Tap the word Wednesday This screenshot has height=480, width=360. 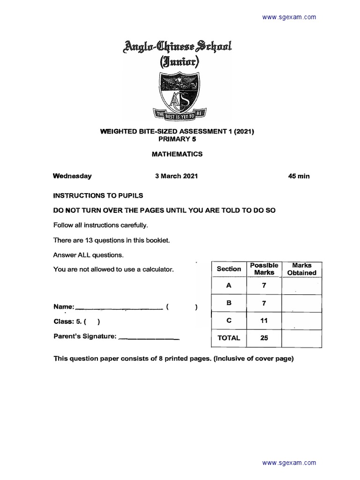pyautogui.click(x=72, y=176)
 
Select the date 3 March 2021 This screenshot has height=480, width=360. pyautogui.click(x=176, y=176)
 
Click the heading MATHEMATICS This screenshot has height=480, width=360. pyautogui.click(x=177, y=153)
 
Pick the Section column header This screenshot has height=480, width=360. pyautogui.click(x=229, y=269)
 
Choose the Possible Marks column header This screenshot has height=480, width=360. pyautogui.click(x=264, y=269)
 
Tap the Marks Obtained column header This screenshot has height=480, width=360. pyautogui.click(x=301, y=269)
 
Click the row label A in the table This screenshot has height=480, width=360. pyautogui.click(x=229, y=285)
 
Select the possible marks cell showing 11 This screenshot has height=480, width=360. pyautogui.click(x=264, y=321)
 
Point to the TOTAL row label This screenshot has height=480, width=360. pyautogui.click(x=229, y=337)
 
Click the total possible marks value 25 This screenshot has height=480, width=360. pyautogui.click(x=264, y=337)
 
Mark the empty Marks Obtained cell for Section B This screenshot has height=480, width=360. pyautogui.click(x=301, y=303)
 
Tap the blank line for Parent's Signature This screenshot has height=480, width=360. pyautogui.click(x=149, y=337)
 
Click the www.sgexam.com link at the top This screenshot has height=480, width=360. pyautogui.click(x=289, y=17)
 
